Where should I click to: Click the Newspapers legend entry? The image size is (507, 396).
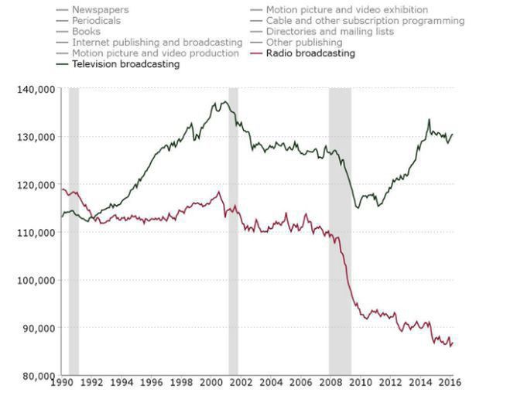click(x=101, y=10)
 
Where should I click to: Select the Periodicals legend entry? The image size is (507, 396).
click(x=96, y=21)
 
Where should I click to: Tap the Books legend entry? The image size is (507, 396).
click(x=86, y=32)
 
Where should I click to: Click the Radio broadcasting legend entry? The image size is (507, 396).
click(x=310, y=53)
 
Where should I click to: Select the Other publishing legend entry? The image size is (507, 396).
click(x=304, y=43)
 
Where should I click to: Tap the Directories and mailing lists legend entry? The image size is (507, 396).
click(x=330, y=32)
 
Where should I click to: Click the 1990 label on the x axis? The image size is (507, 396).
click(x=61, y=382)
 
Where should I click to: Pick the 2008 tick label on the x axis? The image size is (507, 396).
click(x=331, y=382)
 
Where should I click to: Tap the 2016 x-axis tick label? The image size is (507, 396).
click(x=452, y=382)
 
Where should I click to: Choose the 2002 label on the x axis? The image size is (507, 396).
click(x=242, y=382)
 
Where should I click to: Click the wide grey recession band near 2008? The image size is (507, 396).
click(x=340, y=232)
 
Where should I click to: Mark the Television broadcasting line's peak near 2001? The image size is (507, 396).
click(x=225, y=101)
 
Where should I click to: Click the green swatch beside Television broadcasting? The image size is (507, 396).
click(x=63, y=64)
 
